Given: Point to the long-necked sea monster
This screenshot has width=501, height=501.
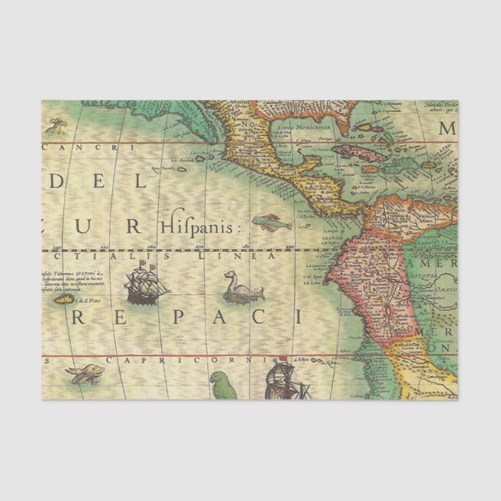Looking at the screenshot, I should [242, 287].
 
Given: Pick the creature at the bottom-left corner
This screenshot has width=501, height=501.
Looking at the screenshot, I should [83, 375].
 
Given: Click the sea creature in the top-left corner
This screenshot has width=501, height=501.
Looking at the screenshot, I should [54, 124].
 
